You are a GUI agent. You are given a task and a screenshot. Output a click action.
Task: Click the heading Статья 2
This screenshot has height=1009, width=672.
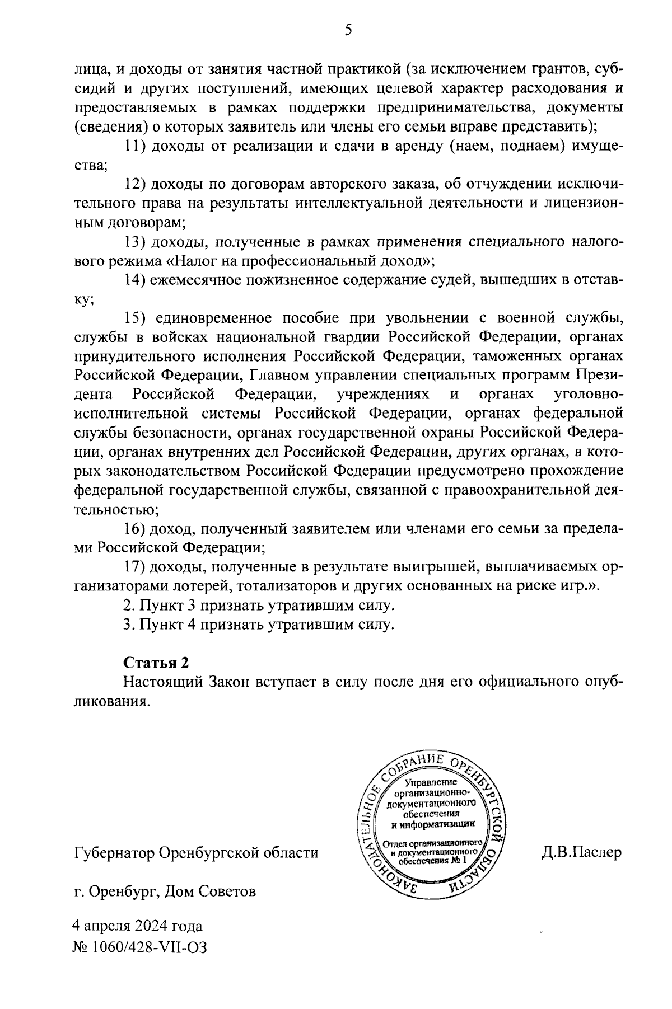pyautogui.click(x=156, y=662)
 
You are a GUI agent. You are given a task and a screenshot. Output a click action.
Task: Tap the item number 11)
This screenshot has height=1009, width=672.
pyautogui.click(x=134, y=147)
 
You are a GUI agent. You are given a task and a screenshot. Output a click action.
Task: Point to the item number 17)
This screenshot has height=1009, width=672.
pyautogui.click(x=134, y=566)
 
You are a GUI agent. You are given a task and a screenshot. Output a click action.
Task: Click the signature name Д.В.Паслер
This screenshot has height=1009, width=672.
pyautogui.click(x=581, y=853)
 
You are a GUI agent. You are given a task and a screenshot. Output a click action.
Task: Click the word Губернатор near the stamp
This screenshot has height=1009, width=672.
pyautogui.click(x=114, y=853)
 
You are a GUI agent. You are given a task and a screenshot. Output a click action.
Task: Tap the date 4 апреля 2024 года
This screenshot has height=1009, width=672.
pyautogui.click(x=138, y=926)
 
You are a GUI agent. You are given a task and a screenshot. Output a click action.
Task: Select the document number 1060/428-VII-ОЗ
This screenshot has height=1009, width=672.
pyautogui.click(x=148, y=947)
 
